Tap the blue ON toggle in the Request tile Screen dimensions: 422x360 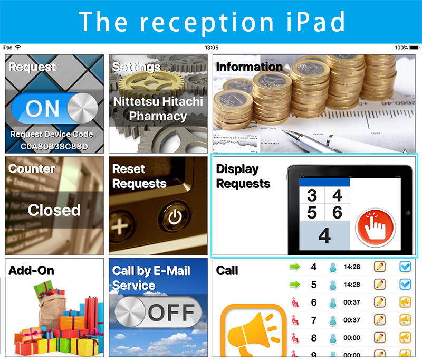[54, 108]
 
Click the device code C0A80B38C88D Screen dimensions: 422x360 [54, 146]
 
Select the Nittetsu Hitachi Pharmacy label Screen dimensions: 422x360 [158, 109]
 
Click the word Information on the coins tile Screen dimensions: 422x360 [249, 67]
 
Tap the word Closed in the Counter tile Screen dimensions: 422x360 [54, 210]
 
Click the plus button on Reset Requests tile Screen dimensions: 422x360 [120, 226]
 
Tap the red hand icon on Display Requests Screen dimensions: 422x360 [376, 228]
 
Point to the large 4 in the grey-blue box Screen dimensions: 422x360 [324, 235]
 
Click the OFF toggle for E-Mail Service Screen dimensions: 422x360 [158, 312]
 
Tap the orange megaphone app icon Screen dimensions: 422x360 [253, 330]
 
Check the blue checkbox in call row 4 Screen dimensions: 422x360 [405, 267]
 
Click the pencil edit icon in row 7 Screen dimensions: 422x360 [379, 320]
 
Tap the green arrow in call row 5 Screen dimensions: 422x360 [295, 285]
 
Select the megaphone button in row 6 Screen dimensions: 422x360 [405, 302]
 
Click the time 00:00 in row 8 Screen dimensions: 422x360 [351, 338]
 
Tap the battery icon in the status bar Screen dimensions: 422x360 [414, 48]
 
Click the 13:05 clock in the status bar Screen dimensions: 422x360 [212, 48]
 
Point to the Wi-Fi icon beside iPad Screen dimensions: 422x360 [18, 48]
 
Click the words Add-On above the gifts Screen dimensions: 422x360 [31, 270]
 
